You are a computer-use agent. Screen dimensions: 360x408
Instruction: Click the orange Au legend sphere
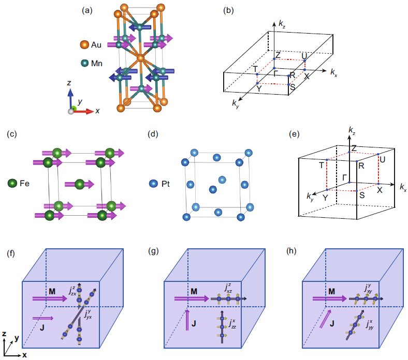tap(84, 45)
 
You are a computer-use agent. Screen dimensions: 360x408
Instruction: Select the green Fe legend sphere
tap(12, 184)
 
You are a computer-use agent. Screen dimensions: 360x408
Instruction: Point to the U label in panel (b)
tap(305, 55)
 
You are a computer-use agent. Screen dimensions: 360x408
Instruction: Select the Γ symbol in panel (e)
tap(344, 177)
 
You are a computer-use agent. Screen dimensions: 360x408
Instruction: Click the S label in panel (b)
tap(293, 86)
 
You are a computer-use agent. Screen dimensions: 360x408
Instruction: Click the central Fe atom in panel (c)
tap(79, 184)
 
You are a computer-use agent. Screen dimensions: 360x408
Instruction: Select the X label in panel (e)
tap(380, 190)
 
